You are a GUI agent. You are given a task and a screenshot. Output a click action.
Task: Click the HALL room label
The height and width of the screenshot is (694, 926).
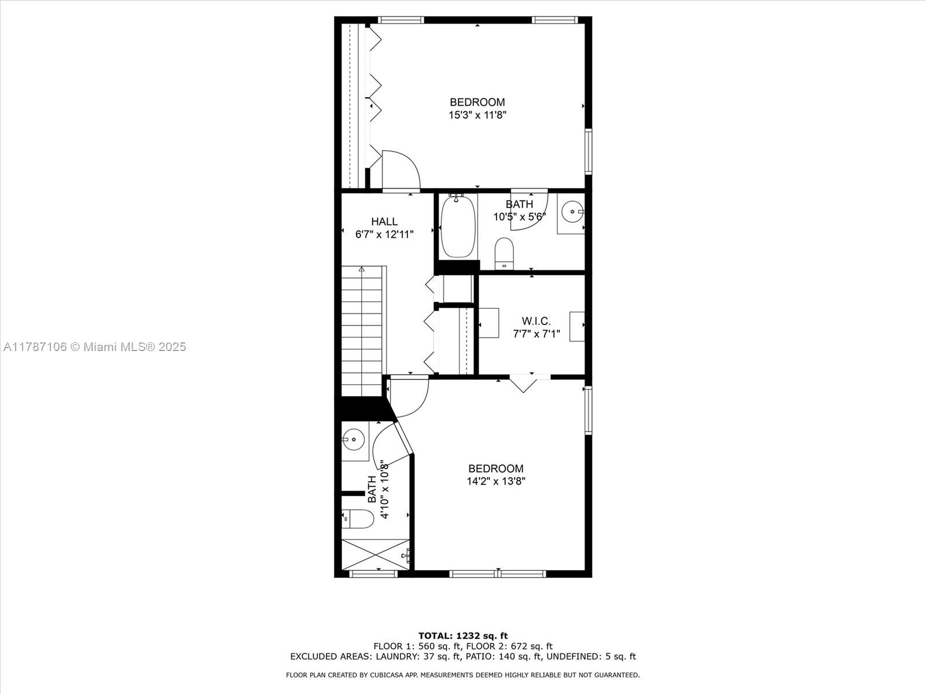tap(384, 222)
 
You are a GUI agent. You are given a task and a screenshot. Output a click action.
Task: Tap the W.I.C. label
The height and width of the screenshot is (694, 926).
tap(536, 321)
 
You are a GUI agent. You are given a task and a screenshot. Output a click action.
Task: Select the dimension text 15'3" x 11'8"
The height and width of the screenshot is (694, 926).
tap(477, 115)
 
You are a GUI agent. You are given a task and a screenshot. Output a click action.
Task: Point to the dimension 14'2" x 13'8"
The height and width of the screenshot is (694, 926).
tap(495, 481)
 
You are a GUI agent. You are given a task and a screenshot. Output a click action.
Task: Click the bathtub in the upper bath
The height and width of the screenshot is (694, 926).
tap(458, 226)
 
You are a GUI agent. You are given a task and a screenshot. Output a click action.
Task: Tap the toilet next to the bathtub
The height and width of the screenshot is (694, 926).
tap(504, 253)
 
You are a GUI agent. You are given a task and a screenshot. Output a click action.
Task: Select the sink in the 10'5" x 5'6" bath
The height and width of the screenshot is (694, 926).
tap(571, 213)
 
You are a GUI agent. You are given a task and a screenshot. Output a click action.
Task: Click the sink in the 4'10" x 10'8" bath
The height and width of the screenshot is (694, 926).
tap(354, 440)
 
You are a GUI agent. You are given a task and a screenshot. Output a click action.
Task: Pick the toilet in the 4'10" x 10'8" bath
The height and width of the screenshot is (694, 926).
tap(357, 519)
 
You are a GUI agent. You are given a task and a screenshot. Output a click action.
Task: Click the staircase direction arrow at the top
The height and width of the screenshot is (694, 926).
tap(362, 269)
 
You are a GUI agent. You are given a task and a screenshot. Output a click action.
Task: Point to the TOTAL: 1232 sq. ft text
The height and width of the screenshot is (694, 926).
tap(463, 636)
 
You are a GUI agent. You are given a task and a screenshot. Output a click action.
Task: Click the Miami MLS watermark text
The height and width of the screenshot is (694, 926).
tap(94, 347)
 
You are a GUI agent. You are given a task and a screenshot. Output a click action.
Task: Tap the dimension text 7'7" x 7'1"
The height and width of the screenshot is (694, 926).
tap(536, 334)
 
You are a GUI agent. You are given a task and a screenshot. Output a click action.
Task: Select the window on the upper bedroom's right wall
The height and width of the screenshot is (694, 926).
tap(588, 152)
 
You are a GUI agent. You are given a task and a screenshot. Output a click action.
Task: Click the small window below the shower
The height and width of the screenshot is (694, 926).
tap(374, 574)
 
